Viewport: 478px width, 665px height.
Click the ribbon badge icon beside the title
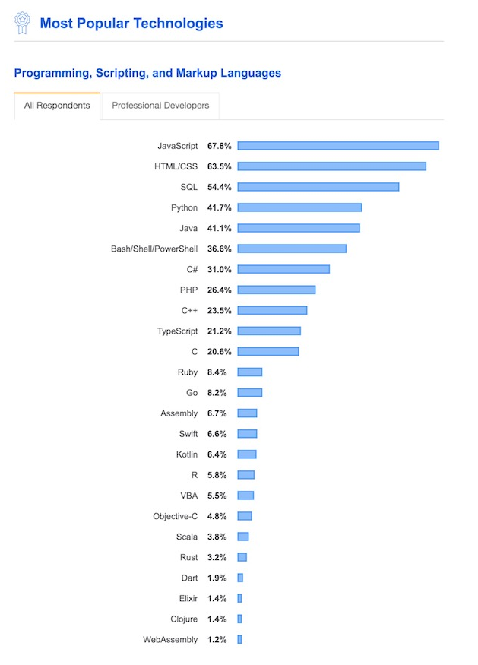[x=22, y=23]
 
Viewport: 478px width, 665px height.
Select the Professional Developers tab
[x=160, y=106]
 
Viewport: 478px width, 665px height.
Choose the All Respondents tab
[x=57, y=106]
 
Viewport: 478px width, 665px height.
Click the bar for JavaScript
[x=338, y=146]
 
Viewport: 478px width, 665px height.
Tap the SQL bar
[x=318, y=187]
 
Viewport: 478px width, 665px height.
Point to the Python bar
[x=299, y=207]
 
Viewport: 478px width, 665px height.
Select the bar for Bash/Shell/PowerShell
[x=292, y=249]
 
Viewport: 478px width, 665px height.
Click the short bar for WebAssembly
[x=239, y=640]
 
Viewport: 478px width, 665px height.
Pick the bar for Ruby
[x=250, y=372]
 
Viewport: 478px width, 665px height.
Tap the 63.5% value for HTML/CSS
[x=220, y=166]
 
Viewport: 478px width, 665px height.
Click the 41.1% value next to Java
[x=220, y=228]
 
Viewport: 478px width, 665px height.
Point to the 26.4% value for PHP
[x=220, y=290]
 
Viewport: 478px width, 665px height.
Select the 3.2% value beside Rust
[x=217, y=557]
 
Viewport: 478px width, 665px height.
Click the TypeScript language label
[x=176, y=331]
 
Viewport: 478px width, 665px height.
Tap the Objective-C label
[x=175, y=516]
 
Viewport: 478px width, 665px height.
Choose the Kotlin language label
[x=186, y=454]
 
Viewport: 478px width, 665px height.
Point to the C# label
[x=192, y=269]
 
